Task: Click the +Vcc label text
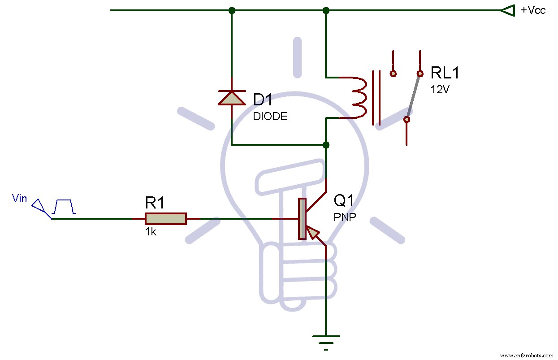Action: click(533, 10)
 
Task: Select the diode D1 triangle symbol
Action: click(232, 97)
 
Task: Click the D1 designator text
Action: click(263, 100)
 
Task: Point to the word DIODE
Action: click(270, 117)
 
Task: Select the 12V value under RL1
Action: click(440, 89)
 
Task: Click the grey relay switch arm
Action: click(413, 96)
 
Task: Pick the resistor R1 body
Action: click(165, 219)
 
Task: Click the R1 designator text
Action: click(155, 203)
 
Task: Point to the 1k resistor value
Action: click(151, 233)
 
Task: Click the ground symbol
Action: click(326, 341)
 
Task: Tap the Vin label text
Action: click(20, 198)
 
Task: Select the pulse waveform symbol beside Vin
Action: click(64, 207)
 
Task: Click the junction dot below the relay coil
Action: click(326, 145)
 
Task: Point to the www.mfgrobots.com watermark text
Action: click(527, 355)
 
